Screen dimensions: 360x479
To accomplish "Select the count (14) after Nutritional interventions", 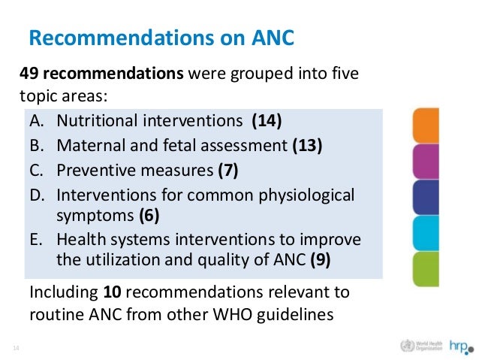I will pos(267,120).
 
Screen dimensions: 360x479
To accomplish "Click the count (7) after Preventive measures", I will pos(227,170).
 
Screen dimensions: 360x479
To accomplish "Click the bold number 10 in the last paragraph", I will pos(107,291).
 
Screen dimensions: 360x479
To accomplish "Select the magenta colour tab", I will pos(426,161).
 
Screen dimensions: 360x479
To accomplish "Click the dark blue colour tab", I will pos(426,197).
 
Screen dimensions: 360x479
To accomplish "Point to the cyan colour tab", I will pos(426,234).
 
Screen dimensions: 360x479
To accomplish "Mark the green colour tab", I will pos(426,269).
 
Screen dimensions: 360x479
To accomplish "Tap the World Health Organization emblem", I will pos(408,346).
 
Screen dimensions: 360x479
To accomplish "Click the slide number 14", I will pos(15,347).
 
